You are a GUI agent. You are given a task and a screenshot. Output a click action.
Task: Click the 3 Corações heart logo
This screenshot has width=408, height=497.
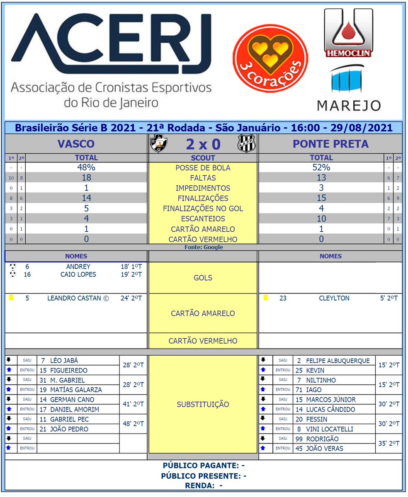(270, 52)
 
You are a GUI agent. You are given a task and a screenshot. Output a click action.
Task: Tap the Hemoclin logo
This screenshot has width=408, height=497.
(348, 33)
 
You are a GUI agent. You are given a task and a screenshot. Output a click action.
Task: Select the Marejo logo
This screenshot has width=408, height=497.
(349, 89)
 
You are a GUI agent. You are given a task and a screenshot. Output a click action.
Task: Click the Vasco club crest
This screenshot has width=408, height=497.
(158, 143)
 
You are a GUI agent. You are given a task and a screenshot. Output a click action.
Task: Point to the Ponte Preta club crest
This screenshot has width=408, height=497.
(247, 144)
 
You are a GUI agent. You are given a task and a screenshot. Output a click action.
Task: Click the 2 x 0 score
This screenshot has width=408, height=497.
(203, 144)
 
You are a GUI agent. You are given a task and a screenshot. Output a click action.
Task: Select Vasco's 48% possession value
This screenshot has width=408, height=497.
(86, 167)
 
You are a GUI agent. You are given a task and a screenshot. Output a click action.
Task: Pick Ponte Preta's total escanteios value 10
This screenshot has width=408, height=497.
(321, 218)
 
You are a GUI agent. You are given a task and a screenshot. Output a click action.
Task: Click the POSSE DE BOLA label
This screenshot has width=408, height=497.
(203, 168)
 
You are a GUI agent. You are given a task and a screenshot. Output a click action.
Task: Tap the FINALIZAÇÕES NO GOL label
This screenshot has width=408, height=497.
(203, 208)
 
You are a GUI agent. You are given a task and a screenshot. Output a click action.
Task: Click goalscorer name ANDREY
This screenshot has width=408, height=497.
(78, 267)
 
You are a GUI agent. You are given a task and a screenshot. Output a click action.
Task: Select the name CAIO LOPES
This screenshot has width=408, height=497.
(78, 274)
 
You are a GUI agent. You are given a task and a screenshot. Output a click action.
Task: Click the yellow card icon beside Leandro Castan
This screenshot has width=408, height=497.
(11, 298)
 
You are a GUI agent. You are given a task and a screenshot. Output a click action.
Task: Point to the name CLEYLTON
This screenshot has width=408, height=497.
(334, 298)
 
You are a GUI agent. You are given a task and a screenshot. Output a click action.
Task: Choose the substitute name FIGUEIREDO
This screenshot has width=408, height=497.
(69, 370)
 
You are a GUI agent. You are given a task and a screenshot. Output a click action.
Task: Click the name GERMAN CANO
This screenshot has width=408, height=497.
(72, 400)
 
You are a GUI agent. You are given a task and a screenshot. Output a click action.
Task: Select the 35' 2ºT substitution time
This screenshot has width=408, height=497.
(389, 444)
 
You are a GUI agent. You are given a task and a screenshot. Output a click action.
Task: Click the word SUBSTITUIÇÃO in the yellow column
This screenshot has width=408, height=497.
(203, 404)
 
